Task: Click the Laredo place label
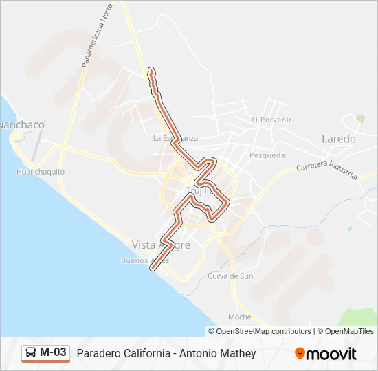(339, 139)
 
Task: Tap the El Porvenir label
(271, 120)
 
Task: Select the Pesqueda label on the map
(267, 155)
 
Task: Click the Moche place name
(239, 317)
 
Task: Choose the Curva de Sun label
(230, 276)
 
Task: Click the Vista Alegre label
(159, 245)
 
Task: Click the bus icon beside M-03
(31, 353)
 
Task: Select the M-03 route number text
(54, 353)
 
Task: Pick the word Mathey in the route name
(238, 354)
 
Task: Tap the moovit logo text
(332, 354)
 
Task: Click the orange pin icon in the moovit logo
(300, 354)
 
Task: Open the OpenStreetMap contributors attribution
(264, 331)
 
